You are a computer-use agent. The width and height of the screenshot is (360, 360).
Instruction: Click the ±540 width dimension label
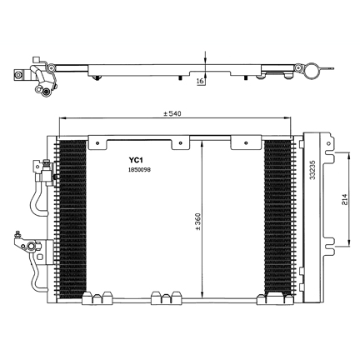click(x=172, y=113)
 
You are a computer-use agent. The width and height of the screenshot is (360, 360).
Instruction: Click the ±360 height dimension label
click(x=197, y=222)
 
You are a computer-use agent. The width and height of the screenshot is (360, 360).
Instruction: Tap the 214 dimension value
click(x=344, y=199)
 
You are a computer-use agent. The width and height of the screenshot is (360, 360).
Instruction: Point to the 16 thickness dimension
click(x=200, y=81)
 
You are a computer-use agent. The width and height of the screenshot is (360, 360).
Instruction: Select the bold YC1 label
click(x=136, y=160)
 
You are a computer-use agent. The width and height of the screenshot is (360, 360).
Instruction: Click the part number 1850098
click(x=139, y=170)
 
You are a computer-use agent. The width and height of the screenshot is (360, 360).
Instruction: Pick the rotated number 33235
click(x=312, y=170)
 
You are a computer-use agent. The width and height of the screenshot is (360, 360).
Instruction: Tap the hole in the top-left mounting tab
click(x=97, y=143)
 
